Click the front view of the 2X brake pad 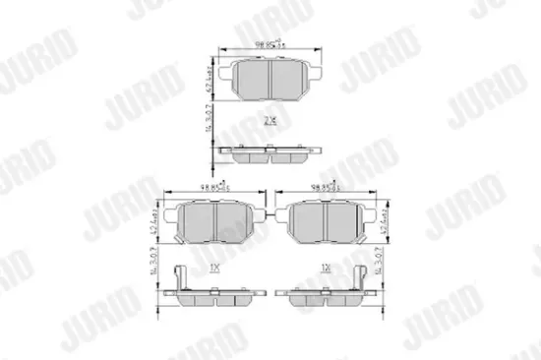(270, 81)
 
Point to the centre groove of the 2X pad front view (270, 81)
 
